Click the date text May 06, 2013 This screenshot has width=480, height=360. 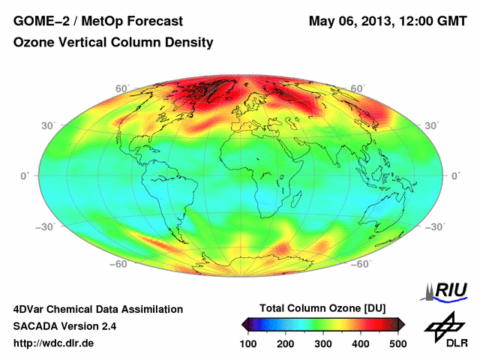(349, 20)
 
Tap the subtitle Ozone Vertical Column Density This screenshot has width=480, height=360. (113, 43)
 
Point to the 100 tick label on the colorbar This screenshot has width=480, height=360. (247, 343)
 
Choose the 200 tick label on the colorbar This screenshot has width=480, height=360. (285, 343)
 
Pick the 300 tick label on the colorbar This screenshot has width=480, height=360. (322, 343)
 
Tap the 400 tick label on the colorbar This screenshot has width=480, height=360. (360, 343)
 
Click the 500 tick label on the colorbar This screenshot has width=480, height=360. (397, 343)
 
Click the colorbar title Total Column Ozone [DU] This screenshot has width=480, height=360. (322, 308)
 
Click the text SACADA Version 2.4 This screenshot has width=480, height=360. (64, 326)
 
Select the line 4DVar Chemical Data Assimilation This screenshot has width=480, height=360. (97, 309)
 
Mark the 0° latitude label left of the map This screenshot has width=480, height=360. (25, 175)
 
